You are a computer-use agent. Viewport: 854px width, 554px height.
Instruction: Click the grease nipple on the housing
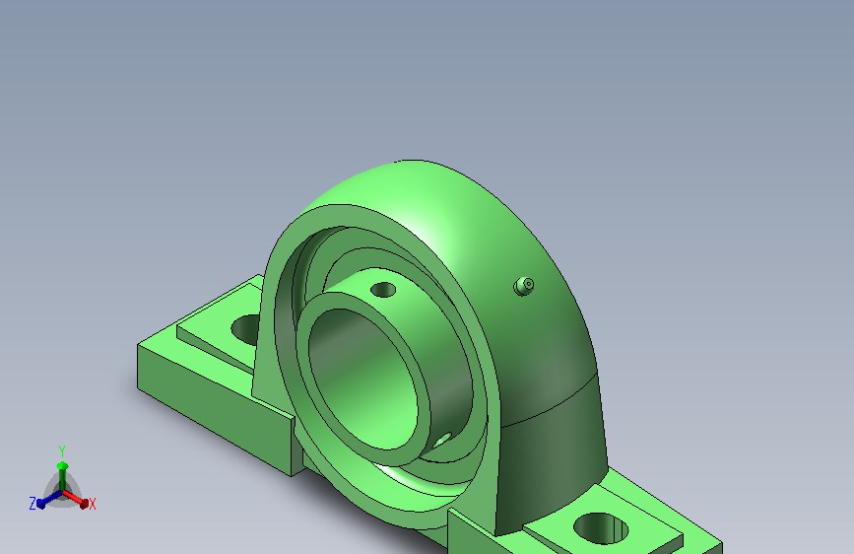(x=524, y=286)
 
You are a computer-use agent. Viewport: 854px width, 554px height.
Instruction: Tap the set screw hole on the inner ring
(x=383, y=290)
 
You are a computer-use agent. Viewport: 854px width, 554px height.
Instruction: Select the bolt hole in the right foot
(x=601, y=528)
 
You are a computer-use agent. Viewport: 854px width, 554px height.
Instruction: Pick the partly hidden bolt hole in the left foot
(x=245, y=329)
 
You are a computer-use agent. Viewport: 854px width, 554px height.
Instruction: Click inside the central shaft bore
(x=363, y=381)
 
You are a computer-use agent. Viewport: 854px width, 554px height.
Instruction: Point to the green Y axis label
(x=62, y=451)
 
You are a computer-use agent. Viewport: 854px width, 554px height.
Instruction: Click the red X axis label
(x=92, y=505)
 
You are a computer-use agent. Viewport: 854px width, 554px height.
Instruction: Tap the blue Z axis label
(x=33, y=504)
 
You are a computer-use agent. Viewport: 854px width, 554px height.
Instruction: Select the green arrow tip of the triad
(x=62, y=465)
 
